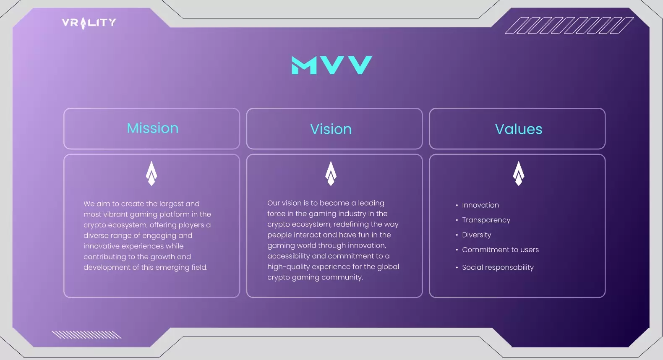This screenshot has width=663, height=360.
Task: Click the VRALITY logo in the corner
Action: [x=89, y=23]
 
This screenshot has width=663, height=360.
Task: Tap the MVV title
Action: [x=332, y=65]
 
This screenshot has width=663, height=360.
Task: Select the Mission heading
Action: [x=153, y=128]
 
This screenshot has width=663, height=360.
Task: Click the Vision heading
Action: [x=331, y=129]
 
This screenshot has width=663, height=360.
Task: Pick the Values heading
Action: [x=519, y=129]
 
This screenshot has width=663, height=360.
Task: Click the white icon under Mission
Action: [x=151, y=173]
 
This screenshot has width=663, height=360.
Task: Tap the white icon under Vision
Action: [x=331, y=173]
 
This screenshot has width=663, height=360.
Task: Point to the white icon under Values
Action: [x=519, y=173]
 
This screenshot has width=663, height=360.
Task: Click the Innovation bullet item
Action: [x=480, y=205]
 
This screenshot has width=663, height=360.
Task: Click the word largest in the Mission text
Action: [x=171, y=204]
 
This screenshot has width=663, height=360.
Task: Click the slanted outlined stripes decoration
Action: [x=569, y=26]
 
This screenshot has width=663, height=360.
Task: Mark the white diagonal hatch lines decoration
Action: [x=86, y=334]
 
